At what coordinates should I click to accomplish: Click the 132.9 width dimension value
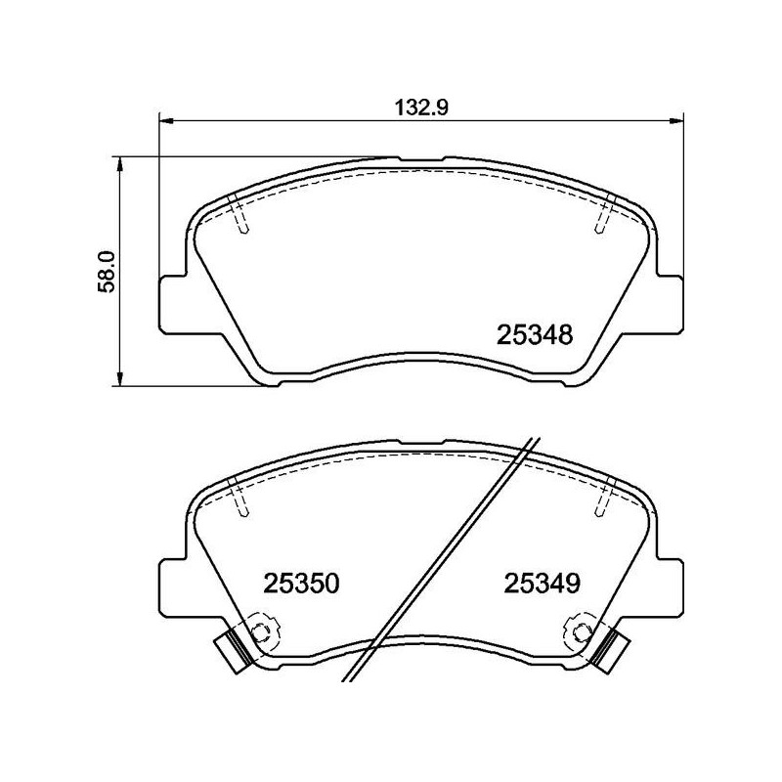coord(422,109)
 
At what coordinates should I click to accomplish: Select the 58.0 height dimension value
coord(107,271)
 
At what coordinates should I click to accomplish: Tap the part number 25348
coord(534,336)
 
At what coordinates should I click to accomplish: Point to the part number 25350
coord(301,585)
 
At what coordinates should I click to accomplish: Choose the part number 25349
coord(543,585)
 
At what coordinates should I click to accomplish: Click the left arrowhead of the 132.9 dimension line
coord(165,121)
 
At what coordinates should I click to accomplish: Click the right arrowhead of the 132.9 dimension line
coord(677,121)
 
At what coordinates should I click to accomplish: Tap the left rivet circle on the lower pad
coord(261,629)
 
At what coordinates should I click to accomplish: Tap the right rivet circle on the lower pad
coord(582,629)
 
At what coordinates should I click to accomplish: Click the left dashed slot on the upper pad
coord(239,214)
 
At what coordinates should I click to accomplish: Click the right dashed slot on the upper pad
coord(604,214)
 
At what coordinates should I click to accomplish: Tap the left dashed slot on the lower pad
coord(239,498)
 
